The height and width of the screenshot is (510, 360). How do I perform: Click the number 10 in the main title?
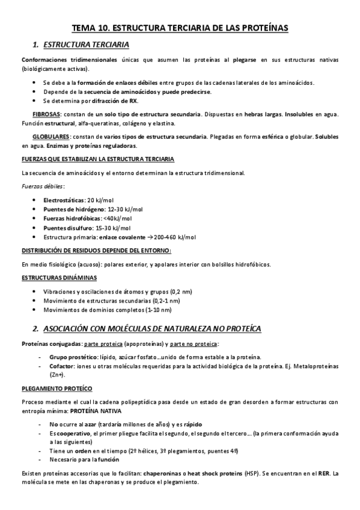(x=108, y=28)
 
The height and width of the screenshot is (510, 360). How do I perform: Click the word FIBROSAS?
(x=46, y=114)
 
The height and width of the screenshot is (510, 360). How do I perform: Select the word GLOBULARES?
(x=50, y=137)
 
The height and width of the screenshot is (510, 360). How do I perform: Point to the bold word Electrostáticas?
(x=64, y=200)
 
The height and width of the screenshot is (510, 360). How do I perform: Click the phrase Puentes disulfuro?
(x=67, y=228)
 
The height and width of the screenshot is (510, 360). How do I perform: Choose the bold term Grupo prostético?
(x=70, y=357)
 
